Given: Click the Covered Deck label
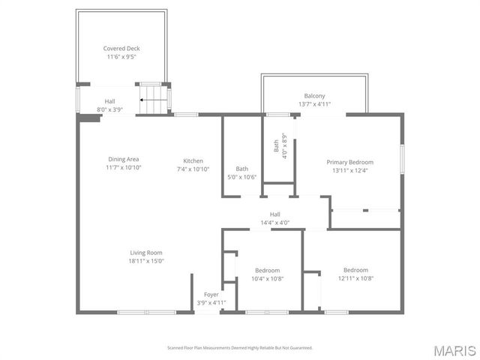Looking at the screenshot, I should (x=121, y=49).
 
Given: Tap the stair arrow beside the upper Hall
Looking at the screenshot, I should (x=154, y=99).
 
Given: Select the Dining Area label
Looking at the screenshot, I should (x=124, y=159).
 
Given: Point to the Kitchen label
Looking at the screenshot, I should (x=193, y=160).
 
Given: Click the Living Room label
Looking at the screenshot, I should (x=146, y=253).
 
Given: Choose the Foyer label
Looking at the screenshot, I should (x=212, y=295).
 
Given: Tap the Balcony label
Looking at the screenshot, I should (x=314, y=96).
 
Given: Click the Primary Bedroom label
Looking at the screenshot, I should (x=349, y=162).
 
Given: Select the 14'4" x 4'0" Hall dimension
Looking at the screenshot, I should (x=274, y=222).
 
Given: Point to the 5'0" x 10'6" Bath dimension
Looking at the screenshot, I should (x=242, y=177).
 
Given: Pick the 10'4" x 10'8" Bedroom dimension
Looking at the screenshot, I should (x=267, y=278).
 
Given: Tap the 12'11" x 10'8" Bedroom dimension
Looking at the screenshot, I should (x=355, y=278).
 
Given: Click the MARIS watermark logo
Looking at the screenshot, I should (x=453, y=350).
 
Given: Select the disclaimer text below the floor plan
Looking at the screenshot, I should (x=239, y=348).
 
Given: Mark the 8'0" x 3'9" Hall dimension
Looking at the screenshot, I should (x=109, y=109).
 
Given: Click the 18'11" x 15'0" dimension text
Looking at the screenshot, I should (x=146, y=261).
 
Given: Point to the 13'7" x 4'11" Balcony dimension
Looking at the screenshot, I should (x=314, y=104).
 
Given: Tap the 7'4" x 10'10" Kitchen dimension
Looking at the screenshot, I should (x=193, y=169).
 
